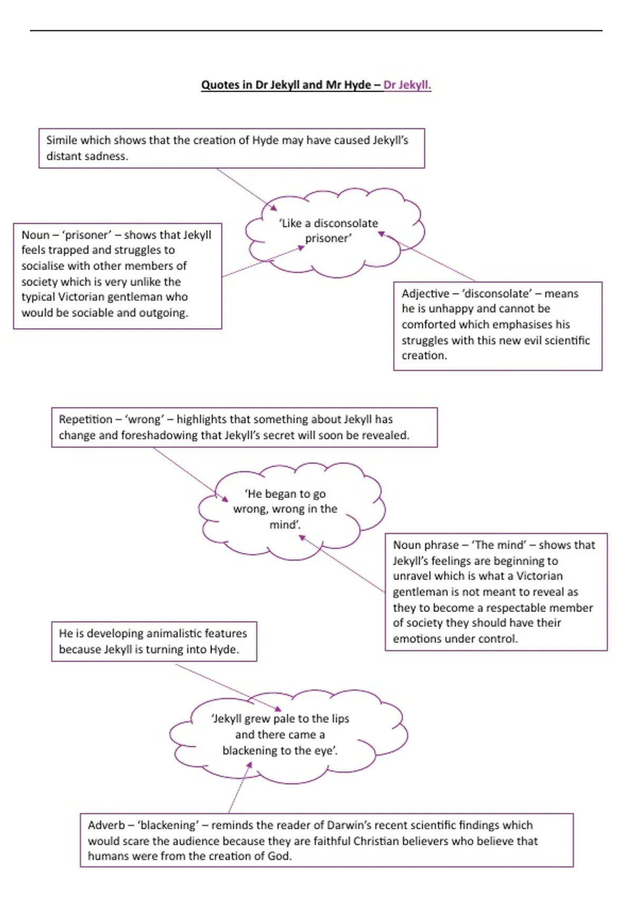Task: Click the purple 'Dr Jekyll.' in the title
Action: click(407, 85)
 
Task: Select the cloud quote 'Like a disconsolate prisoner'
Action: click(328, 231)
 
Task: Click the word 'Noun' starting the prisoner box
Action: click(35, 235)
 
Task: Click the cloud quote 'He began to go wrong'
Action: click(285, 509)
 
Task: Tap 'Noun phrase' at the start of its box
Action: click(426, 545)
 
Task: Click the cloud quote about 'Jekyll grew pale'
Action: click(280, 734)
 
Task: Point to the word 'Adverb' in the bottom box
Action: click(106, 825)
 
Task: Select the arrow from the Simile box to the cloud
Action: click(247, 189)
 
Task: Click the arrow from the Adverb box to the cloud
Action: click(240, 787)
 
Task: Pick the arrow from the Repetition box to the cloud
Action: click(190, 474)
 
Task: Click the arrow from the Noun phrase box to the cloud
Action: click(341, 564)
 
